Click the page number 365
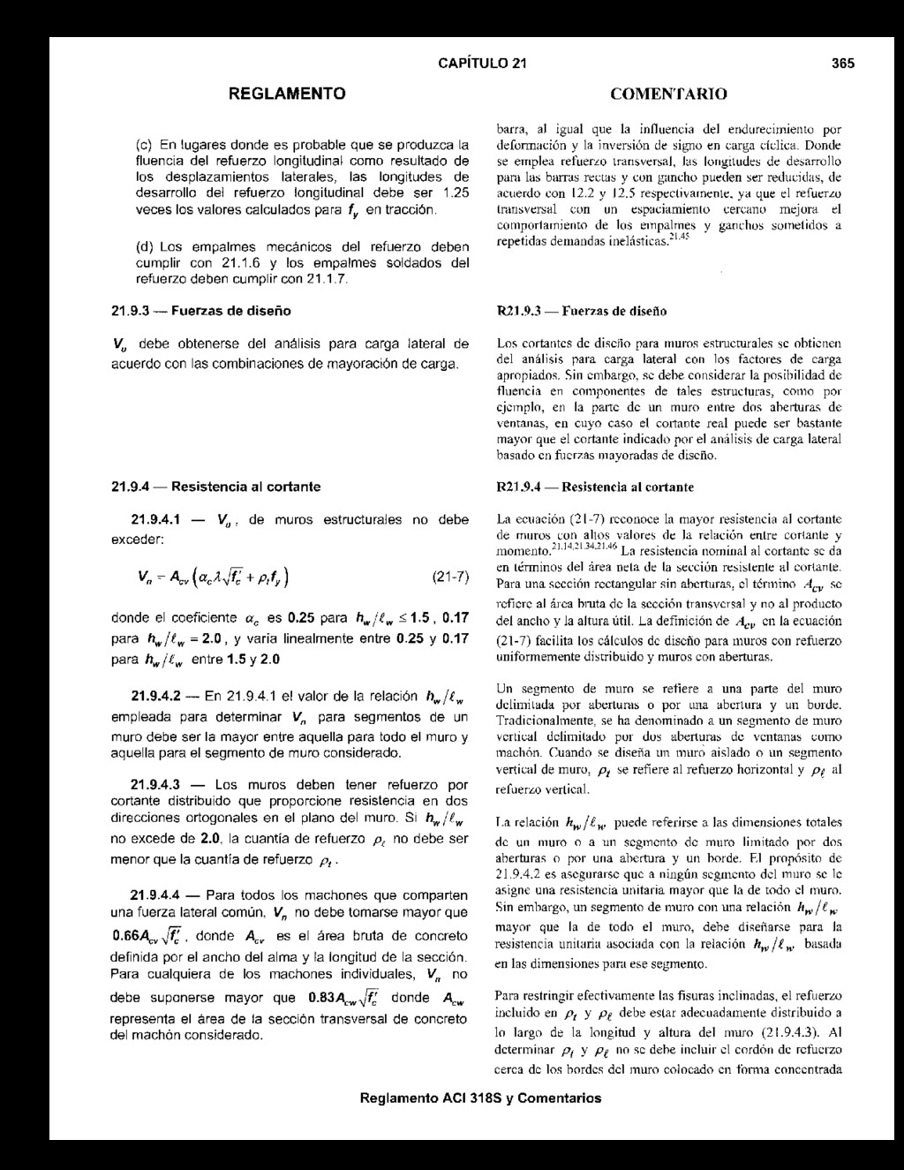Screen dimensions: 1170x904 [842, 63]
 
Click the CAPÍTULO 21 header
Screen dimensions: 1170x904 [482, 63]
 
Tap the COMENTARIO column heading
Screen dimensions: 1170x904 [668, 94]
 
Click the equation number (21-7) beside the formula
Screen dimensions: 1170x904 [450, 578]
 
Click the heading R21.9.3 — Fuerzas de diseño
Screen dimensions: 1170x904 [581, 312]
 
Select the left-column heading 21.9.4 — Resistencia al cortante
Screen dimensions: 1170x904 [215, 487]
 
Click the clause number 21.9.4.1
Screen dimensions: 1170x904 [155, 520]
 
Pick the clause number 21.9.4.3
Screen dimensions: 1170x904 [156, 783]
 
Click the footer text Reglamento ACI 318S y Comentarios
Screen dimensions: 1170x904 [481, 1098]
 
